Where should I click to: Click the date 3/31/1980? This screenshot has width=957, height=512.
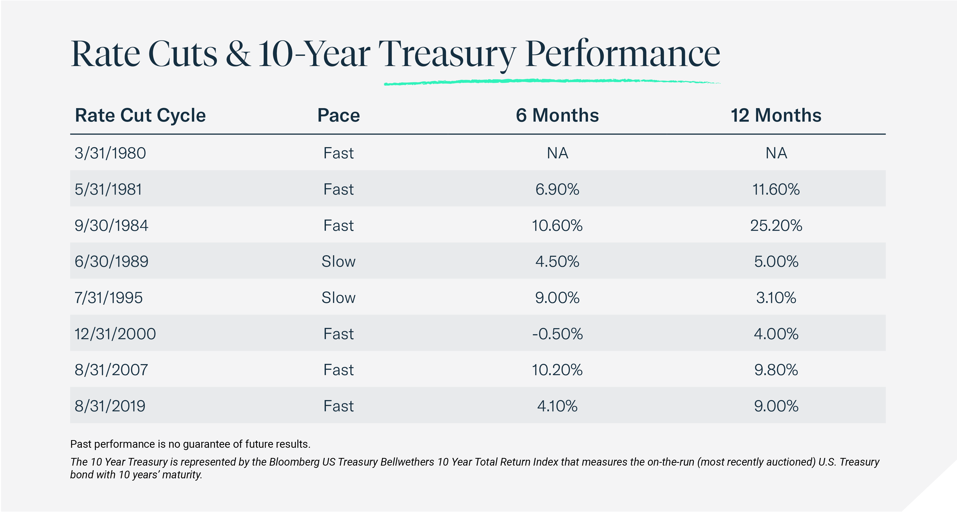110,153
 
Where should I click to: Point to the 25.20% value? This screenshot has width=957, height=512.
776,225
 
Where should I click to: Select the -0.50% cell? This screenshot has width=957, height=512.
557,334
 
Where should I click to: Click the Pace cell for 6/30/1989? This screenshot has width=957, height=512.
338,261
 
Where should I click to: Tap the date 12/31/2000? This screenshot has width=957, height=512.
115,334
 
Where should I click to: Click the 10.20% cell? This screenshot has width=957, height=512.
557,370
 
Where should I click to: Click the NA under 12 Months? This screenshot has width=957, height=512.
776,153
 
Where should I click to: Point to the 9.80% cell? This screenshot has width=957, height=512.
776,370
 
